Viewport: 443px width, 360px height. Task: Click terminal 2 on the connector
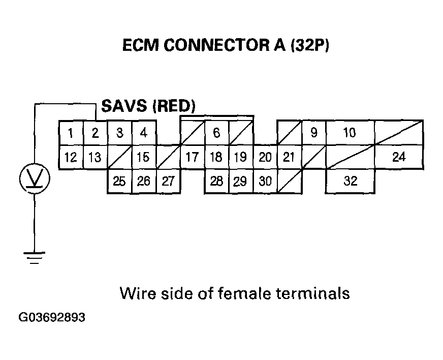[x=95, y=133]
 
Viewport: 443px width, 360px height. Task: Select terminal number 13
[x=95, y=157]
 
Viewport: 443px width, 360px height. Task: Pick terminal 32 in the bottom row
[x=351, y=181]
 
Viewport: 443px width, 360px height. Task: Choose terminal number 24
[x=399, y=157]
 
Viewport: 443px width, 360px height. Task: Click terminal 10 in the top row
[x=350, y=133]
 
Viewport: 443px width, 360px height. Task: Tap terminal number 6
[x=216, y=133]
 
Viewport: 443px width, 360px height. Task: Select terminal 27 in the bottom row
[x=168, y=182]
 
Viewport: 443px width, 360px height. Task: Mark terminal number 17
[x=192, y=157]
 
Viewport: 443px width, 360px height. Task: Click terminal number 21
[x=289, y=157]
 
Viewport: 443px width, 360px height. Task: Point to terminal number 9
[x=314, y=133]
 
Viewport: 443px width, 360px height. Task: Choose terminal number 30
[x=265, y=182]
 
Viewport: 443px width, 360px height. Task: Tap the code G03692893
[x=52, y=318]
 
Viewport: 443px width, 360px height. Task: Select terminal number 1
[x=71, y=133]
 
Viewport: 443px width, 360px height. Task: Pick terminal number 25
[x=119, y=182]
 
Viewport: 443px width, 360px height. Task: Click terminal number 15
[x=144, y=157]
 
